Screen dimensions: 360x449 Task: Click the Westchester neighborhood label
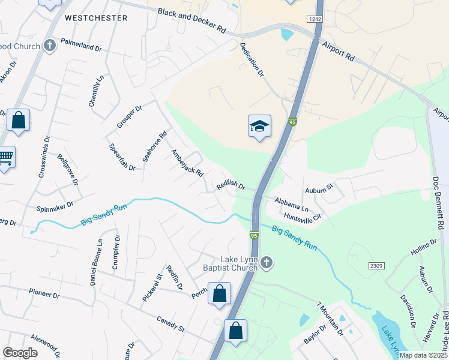(x=96, y=18)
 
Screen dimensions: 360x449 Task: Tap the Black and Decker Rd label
(x=191, y=21)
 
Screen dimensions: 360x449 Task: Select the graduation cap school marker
(x=259, y=126)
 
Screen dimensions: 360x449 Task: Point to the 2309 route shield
(x=376, y=264)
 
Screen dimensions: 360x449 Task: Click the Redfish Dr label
(x=231, y=187)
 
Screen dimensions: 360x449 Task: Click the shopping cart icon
(x=5, y=157)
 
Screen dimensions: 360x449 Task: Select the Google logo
(x=20, y=353)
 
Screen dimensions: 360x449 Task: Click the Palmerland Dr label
(x=80, y=46)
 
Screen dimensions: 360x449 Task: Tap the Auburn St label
(x=319, y=189)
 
